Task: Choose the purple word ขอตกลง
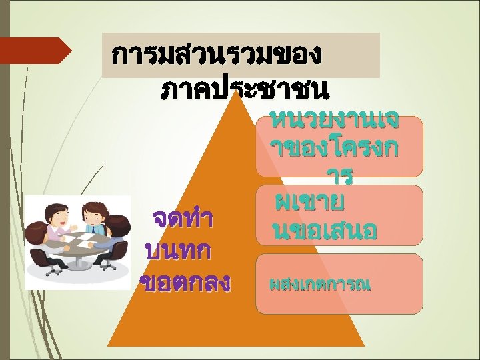185,282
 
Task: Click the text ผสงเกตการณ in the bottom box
320,285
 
